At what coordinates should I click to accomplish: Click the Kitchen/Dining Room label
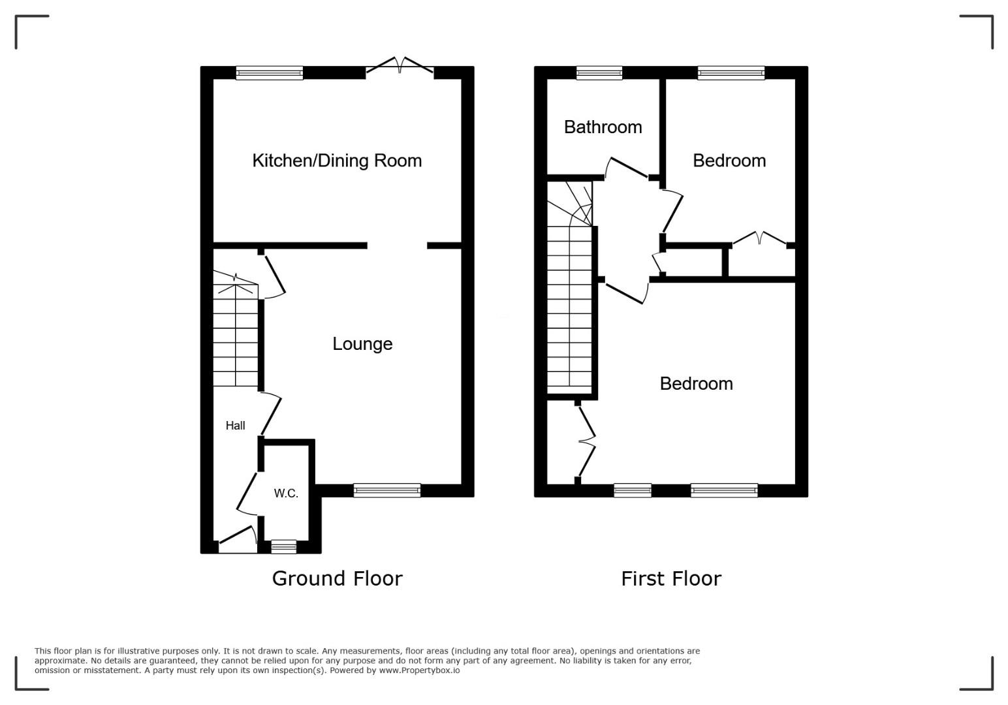pyautogui.click(x=337, y=161)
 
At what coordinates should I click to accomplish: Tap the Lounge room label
pyautogui.click(x=362, y=344)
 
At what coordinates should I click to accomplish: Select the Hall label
pyautogui.click(x=235, y=425)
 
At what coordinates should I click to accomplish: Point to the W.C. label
pyautogui.click(x=286, y=493)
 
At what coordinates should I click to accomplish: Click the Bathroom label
pyautogui.click(x=603, y=127)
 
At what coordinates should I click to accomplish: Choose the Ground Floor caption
pyautogui.click(x=337, y=578)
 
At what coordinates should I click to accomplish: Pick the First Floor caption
pyautogui.click(x=671, y=578)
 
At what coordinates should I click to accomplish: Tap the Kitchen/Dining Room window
pyautogui.click(x=270, y=73)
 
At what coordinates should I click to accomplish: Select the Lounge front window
pyautogui.click(x=387, y=490)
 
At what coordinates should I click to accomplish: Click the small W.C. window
pyautogui.click(x=284, y=546)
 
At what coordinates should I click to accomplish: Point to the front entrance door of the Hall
pyautogui.click(x=238, y=540)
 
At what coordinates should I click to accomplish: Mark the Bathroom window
pyautogui.click(x=599, y=73)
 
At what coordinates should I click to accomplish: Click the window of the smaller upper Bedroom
pyautogui.click(x=731, y=73)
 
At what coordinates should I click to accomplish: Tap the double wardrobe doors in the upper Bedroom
pyautogui.click(x=760, y=238)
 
